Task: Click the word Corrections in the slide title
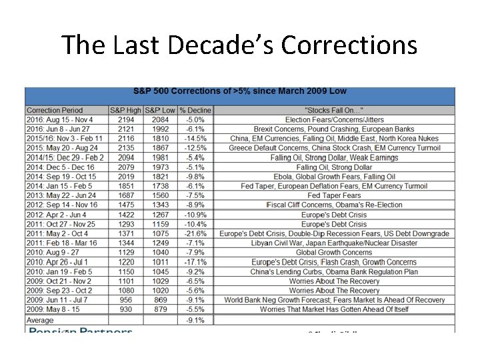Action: click(349, 45)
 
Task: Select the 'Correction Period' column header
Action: click(55, 110)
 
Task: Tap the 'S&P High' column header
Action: click(125, 110)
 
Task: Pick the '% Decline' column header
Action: click(195, 110)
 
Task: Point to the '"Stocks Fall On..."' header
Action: click(334, 110)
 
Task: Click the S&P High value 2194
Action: click(125, 119)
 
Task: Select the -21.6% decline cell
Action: click(195, 234)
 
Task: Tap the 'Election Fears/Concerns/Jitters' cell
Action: click(334, 119)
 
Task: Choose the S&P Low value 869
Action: click(161, 300)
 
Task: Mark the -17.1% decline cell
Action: click(195, 262)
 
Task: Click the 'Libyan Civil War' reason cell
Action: click(334, 243)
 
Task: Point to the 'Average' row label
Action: click(40, 321)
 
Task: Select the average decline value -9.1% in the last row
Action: click(195, 321)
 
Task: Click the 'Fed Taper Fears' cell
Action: click(334, 195)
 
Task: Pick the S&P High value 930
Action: click(125, 309)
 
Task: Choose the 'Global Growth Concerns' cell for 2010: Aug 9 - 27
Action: click(334, 253)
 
